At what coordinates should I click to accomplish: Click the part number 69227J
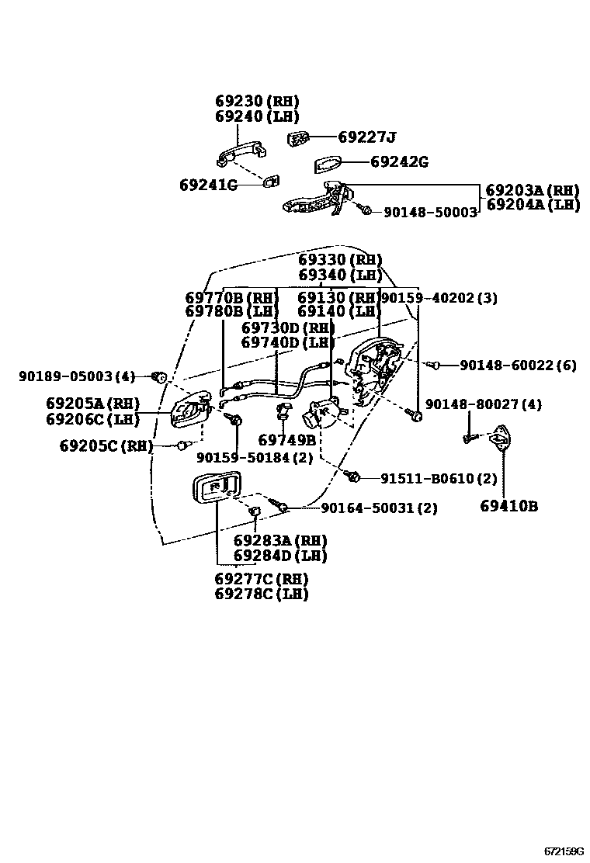pyautogui.click(x=366, y=137)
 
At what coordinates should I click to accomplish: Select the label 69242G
pyautogui.click(x=399, y=162)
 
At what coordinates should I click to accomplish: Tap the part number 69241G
pyautogui.click(x=207, y=185)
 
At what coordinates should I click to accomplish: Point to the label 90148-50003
pyautogui.click(x=430, y=211)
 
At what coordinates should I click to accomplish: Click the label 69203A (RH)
pyautogui.click(x=533, y=190)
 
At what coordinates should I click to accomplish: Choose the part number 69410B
pyautogui.click(x=508, y=506)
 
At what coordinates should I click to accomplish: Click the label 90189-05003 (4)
pyautogui.click(x=76, y=376)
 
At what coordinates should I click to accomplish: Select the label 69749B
pyautogui.click(x=286, y=440)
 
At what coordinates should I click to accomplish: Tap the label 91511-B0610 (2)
pyautogui.click(x=438, y=478)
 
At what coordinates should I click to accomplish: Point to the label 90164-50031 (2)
pyautogui.click(x=379, y=508)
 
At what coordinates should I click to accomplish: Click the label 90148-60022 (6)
pyautogui.click(x=518, y=365)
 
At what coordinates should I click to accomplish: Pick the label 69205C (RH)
pyautogui.click(x=106, y=445)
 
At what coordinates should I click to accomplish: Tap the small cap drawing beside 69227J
pyautogui.click(x=299, y=138)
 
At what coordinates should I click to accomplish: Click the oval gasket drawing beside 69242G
pyautogui.click(x=328, y=165)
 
